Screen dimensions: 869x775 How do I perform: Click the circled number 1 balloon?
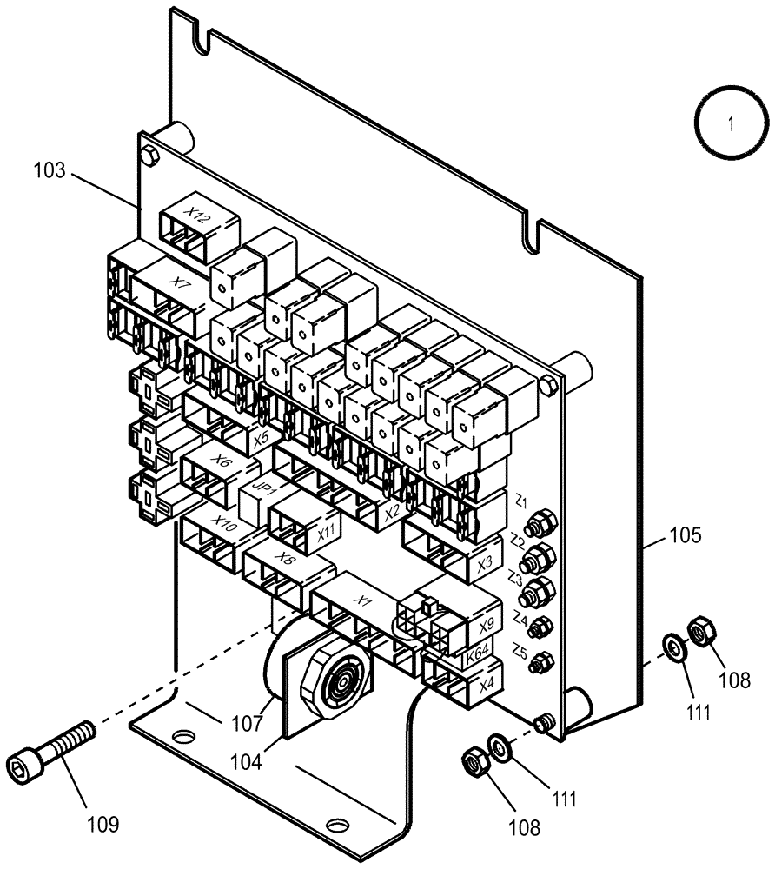(x=731, y=124)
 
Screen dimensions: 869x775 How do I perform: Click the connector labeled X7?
(x=177, y=282)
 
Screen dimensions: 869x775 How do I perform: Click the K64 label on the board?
(x=476, y=657)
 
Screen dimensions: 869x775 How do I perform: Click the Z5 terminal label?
(x=520, y=649)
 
